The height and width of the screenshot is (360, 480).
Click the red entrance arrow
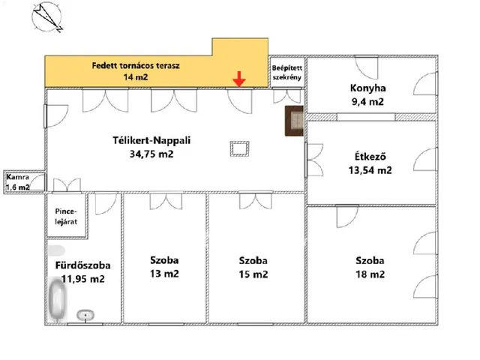[239, 79]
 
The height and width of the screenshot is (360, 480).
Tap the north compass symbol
[46, 16]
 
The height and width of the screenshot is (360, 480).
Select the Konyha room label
[367, 88]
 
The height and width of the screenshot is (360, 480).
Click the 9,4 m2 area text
[367, 101]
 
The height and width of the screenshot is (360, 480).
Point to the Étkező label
[370, 156]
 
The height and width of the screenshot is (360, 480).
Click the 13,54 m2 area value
[370, 170]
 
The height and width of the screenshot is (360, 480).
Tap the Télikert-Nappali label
[151, 140]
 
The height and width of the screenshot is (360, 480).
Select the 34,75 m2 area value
[151, 154]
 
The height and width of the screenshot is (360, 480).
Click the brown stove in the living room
[294, 121]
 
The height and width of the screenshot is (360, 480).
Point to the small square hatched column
[240, 148]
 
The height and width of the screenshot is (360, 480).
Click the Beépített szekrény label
[287, 73]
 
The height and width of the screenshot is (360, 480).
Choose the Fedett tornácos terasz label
[136, 65]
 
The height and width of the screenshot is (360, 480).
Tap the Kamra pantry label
[18, 177]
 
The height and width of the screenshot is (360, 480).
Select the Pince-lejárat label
[66, 217]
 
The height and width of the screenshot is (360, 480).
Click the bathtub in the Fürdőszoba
[57, 300]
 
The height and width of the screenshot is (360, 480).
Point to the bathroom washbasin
[85, 315]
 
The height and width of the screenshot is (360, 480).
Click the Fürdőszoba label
[83, 265]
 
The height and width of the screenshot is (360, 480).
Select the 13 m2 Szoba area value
[164, 273]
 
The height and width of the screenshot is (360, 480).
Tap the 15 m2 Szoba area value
[253, 274]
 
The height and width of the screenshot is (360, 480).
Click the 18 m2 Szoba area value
[370, 274]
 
